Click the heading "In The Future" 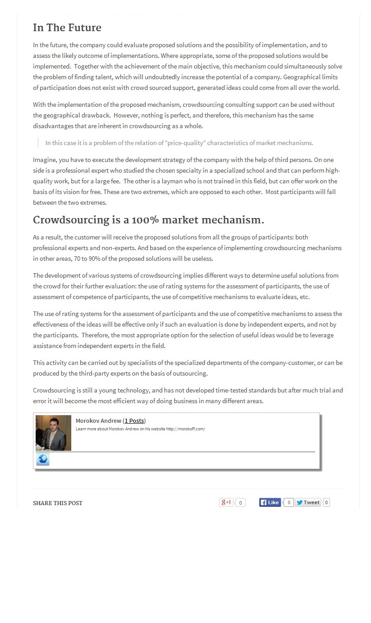(x=67, y=28)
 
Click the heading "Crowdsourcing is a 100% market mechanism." (x=148, y=220)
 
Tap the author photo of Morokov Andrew (x=53, y=433)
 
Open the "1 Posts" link (x=134, y=421)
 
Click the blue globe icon (x=43, y=459)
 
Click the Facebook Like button (x=270, y=502)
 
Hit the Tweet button (x=308, y=502)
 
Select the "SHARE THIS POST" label (x=57, y=503)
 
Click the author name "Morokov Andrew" (x=98, y=421)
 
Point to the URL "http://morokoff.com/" (x=186, y=429)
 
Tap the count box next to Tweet (x=326, y=502)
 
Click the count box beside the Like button (x=289, y=502)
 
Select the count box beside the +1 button (x=241, y=503)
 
